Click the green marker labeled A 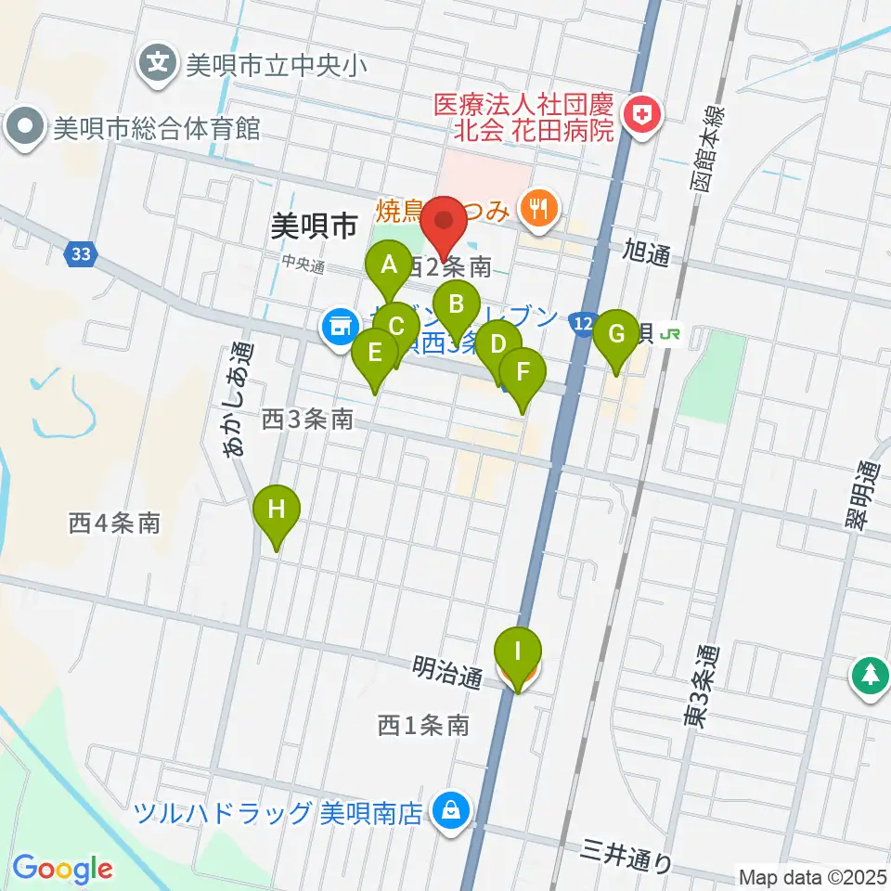point(389,266)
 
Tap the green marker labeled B point(456,305)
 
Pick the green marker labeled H point(277,510)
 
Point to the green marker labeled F point(523,373)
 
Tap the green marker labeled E point(375,355)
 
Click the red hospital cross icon point(639,116)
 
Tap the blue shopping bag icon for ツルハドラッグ point(450,811)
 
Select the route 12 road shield point(583,323)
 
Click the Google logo point(62,869)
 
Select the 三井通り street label point(627,855)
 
